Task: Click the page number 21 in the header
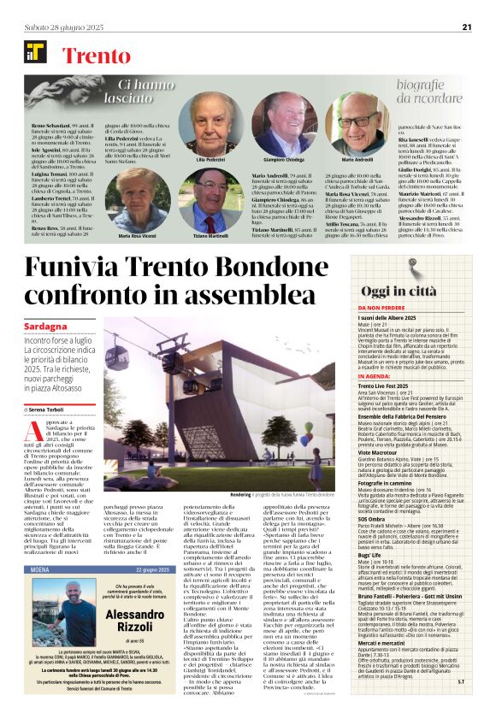[467, 27]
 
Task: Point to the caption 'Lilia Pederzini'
[210, 159]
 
